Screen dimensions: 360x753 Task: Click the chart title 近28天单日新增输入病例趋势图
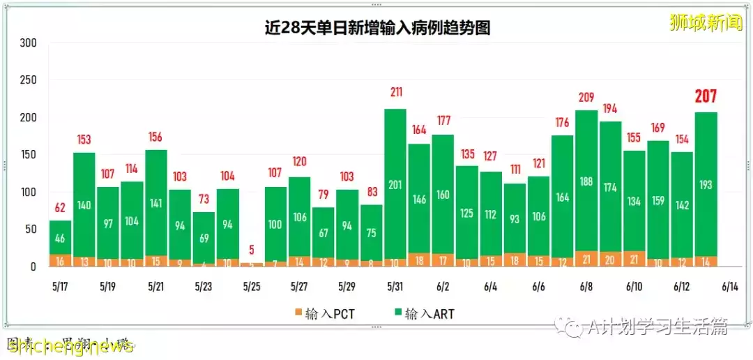coord(376,27)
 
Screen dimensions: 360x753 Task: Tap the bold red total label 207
coord(706,97)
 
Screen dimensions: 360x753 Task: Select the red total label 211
coord(395,92)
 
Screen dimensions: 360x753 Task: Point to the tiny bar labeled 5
coord(251,264)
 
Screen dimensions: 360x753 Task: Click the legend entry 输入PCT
coord(324,314)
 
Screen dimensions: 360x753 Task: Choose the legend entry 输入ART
coord(424,314)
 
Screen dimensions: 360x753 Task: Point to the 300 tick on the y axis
coord(28,43)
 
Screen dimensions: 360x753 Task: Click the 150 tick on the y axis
coord(28,155)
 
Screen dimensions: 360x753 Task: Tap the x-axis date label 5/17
coord(60,287)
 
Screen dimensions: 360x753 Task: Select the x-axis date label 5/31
coord(395,287)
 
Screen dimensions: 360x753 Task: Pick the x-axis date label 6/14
coord(729,287)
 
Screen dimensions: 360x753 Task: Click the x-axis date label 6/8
coord(586,287)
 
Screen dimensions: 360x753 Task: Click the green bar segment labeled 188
coord(586,181)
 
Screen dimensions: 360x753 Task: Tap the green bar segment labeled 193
coord(706,185)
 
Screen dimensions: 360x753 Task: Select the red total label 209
coord(586,97)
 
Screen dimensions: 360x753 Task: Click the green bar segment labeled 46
coord(60,238)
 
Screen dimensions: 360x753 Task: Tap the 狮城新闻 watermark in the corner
coord(705,22)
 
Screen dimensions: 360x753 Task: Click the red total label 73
coord(204,198)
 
